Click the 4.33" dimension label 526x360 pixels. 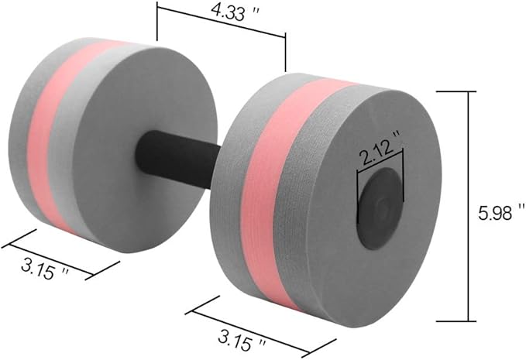(x=235, y=12)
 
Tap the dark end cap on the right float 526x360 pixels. (x=379, y=209)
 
